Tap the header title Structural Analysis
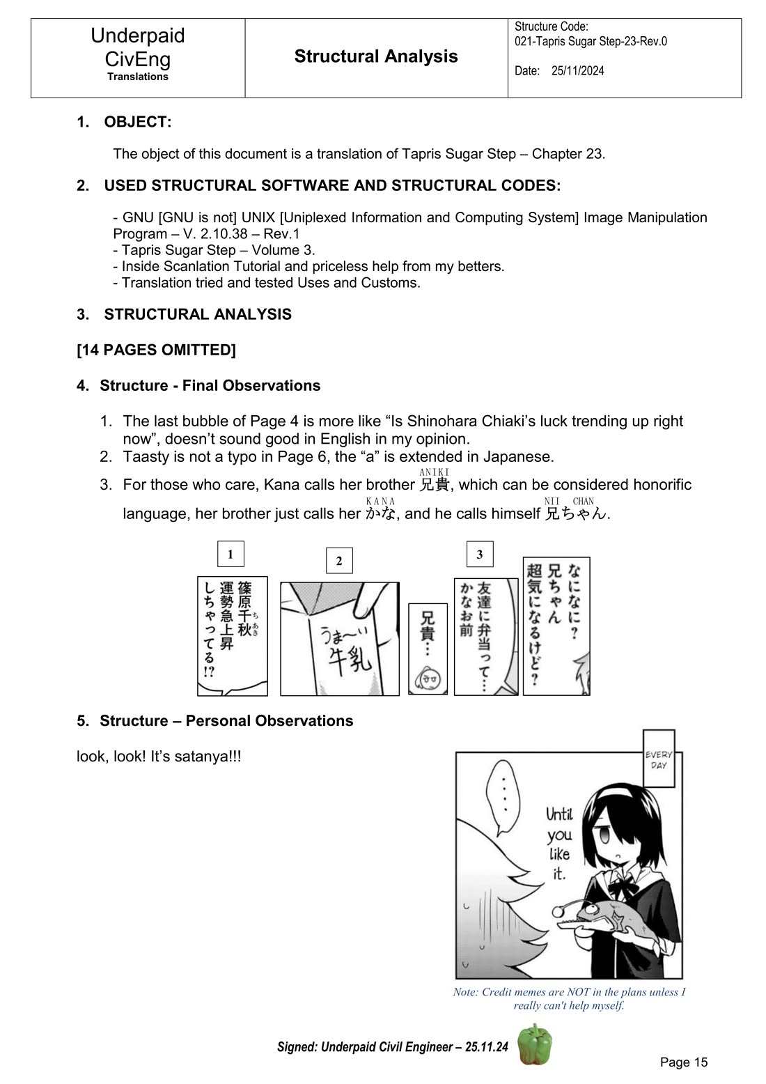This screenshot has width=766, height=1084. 376,56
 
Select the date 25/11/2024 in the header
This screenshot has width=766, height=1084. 577,70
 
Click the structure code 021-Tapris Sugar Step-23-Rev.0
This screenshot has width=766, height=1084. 591,41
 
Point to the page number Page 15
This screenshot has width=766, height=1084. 683,1062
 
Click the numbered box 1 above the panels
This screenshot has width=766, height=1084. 230,555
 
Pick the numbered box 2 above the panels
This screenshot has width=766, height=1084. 339,561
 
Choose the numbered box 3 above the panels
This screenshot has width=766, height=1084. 480,555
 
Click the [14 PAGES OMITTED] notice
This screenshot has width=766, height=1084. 156,350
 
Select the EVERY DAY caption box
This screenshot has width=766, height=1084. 659,759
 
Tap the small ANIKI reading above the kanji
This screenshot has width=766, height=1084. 435,472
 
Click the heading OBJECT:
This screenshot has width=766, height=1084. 137,122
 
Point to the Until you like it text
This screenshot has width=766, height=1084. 560,843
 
